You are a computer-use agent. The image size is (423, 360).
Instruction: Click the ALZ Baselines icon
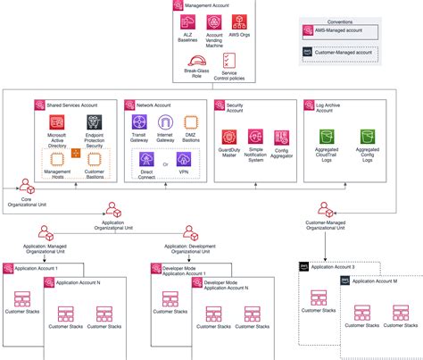[188, 22]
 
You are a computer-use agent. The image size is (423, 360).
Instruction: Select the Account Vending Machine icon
[214, 22]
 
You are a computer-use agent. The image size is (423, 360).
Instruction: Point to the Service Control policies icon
[229, 60]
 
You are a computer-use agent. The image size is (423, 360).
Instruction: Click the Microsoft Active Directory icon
[57, 122]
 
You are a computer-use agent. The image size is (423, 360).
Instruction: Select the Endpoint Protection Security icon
[93, 122]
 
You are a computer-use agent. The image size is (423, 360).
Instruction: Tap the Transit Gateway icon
[139, 121]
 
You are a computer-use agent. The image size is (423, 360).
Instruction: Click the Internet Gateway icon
[165, 121]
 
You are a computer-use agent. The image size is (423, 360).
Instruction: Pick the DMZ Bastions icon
[191, 121]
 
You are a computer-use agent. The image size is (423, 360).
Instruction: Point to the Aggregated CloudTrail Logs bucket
[326, 138]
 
